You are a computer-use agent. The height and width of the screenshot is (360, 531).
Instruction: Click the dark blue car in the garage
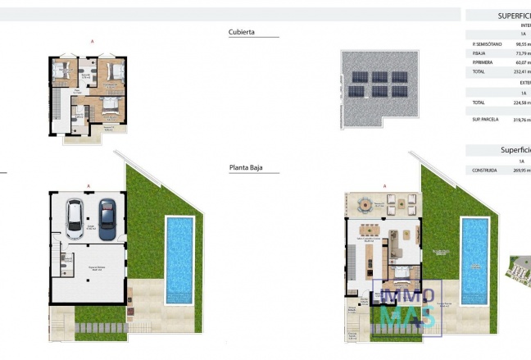click(x=107, y=218)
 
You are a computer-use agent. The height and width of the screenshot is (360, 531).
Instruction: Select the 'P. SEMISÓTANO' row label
click(x=488, y=45)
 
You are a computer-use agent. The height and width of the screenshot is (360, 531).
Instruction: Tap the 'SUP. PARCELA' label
click(x=486, y=120)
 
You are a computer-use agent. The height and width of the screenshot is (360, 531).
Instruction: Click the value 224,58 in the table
click(x=521, y=103)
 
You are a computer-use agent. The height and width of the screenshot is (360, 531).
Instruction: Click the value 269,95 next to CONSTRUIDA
click(x=522, y=171)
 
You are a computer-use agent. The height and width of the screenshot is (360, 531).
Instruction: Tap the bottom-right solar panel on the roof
click(x=398, y=91)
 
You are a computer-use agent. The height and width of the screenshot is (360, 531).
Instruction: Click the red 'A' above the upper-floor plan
click(x=93, y=41)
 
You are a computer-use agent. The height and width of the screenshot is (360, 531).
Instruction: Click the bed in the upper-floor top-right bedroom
click(x=116, y=71)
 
